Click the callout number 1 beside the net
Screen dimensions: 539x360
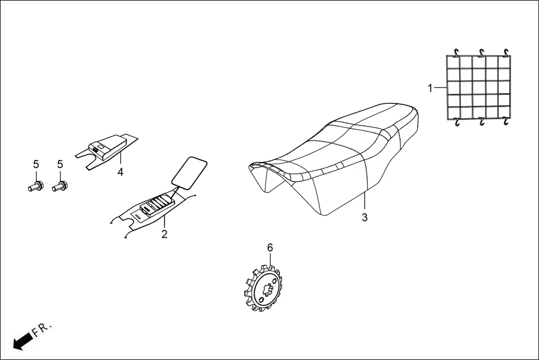tap(430, 88)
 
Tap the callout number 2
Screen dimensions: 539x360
tap(164, 234)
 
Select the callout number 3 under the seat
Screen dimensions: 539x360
tap(364, 218)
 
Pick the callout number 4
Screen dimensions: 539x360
tap(120, 172)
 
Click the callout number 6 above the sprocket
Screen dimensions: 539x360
tap(270, 247)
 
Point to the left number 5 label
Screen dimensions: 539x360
tap(36, 164)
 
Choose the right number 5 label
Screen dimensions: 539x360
tap(60, 164)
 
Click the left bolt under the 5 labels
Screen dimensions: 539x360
tap(35, 185)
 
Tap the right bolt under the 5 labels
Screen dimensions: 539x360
tap(59, 185)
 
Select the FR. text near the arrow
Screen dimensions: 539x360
tap(42, 329)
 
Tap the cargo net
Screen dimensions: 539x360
tap(478, 88)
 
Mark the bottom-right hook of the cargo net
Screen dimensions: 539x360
tap(505, 121)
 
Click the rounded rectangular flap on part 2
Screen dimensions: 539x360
tap(188, 170)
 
